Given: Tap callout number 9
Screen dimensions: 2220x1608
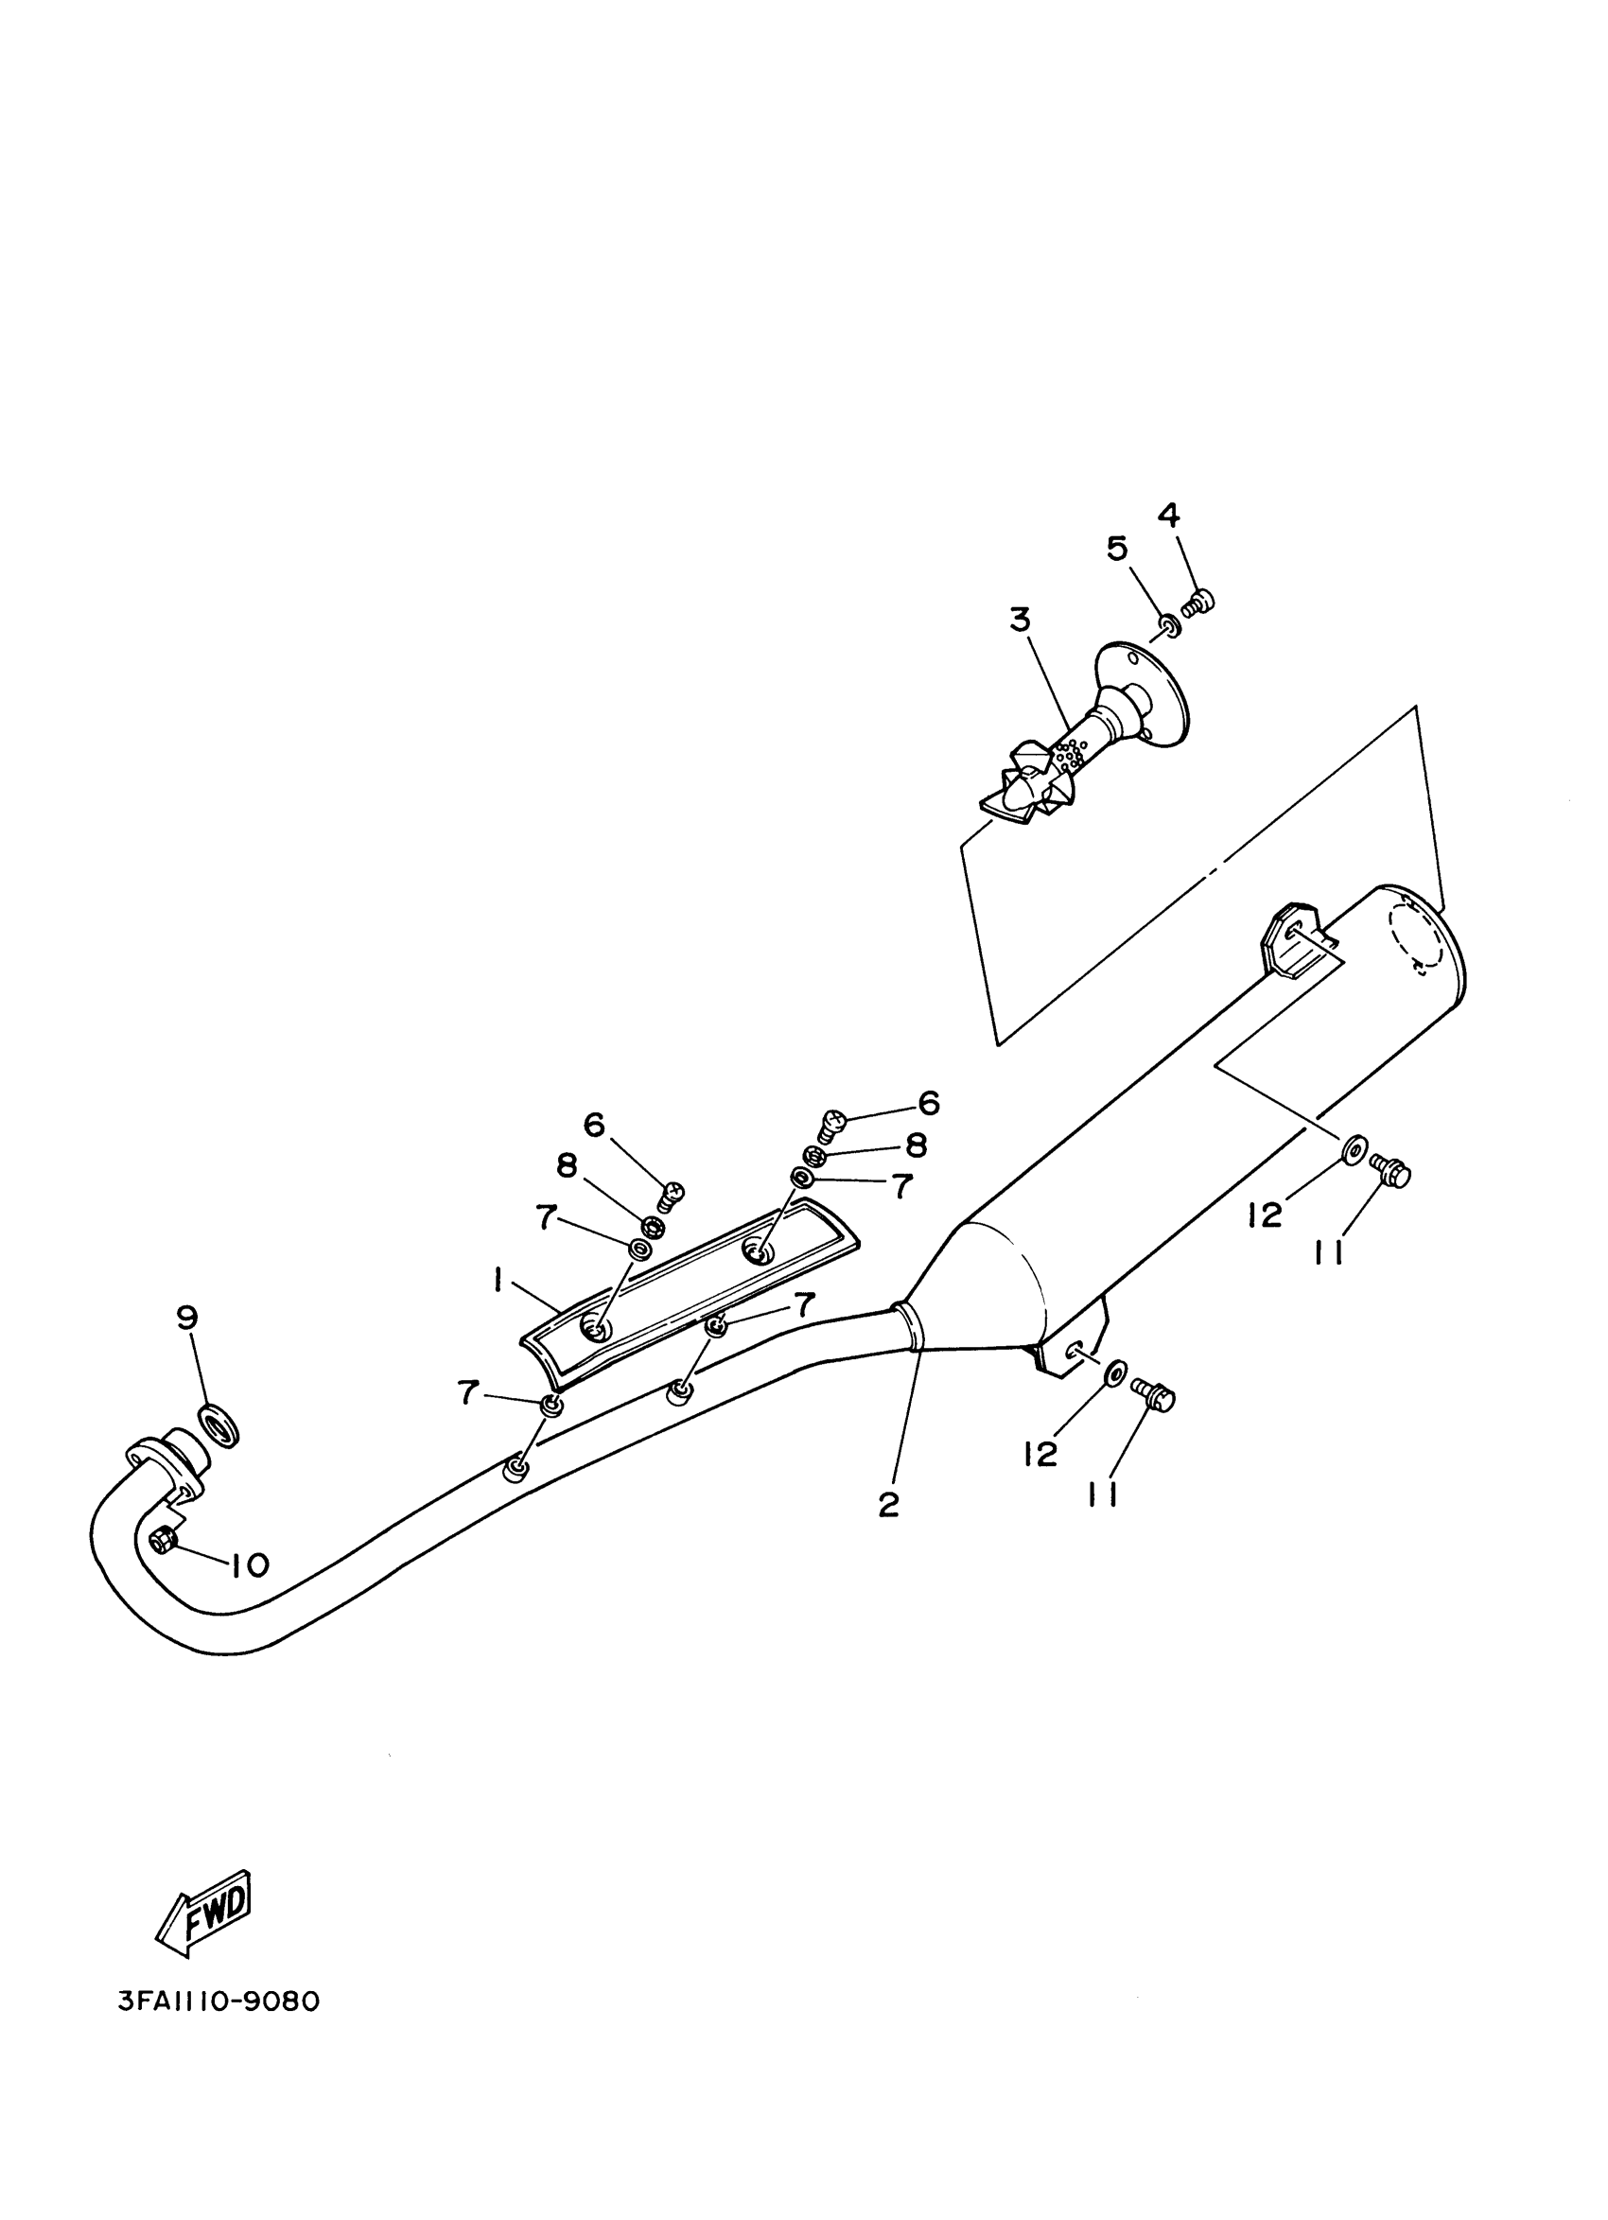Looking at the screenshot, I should pos(187,1318).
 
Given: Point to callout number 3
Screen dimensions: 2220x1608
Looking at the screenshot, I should pos(1020,620).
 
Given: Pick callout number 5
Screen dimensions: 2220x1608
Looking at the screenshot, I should pos(1118,549).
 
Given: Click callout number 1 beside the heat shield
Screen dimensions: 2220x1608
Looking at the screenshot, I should pos(498,1280).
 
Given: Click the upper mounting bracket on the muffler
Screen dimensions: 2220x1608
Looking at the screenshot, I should pos(1289,940).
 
